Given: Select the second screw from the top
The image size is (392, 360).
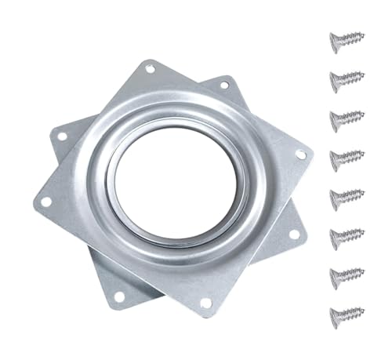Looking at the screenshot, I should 346,78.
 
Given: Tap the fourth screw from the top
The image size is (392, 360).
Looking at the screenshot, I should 346,157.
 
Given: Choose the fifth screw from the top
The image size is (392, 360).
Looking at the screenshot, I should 346,195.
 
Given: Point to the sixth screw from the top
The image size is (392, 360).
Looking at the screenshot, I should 346,235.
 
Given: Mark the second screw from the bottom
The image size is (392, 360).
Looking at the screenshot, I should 346,274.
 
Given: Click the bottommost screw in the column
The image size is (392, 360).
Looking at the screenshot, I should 346,313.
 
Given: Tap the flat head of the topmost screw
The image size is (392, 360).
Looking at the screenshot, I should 332,37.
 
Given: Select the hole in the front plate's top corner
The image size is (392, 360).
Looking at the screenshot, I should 149,70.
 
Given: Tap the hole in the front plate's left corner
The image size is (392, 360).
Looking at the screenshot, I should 46,202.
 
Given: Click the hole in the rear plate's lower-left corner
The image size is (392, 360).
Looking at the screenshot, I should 118,296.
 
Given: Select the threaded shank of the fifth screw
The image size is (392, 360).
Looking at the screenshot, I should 352,196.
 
